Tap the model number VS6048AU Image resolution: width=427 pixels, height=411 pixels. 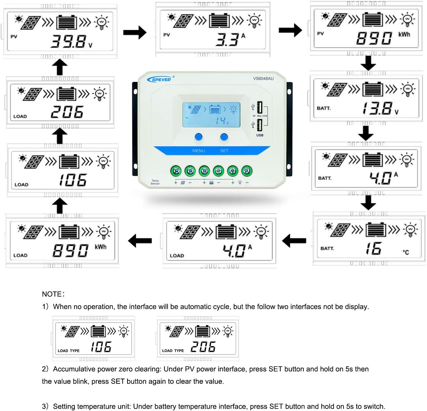263,79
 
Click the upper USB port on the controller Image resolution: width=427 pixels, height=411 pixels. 259,108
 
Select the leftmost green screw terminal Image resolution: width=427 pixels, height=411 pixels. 176,171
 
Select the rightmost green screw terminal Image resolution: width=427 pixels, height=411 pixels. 247,171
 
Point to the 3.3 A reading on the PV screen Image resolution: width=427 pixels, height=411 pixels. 230,39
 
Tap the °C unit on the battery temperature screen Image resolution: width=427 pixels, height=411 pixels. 406,252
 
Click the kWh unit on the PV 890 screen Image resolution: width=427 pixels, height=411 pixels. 404,34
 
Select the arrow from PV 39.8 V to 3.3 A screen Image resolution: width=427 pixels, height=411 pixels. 135,32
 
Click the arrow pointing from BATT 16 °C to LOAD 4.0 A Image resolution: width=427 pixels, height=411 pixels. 294,240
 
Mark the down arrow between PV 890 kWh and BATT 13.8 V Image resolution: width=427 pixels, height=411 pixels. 368,63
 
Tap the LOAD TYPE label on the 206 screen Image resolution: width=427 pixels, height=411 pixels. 173,351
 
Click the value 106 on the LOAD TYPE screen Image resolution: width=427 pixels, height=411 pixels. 101,347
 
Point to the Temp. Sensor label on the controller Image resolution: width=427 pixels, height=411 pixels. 155,182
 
